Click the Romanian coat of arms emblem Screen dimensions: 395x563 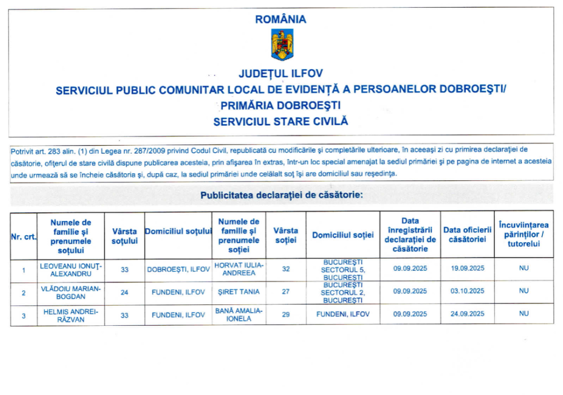[x=281, y=45]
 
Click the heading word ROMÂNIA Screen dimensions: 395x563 [x=281, y=19]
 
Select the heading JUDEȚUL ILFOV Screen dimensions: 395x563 [x=280, y=74]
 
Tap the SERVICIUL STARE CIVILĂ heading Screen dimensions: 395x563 [x=281, y=121]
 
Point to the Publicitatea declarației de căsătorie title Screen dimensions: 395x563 [x=281, y=195]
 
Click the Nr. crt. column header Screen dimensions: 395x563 [x=23, y=236]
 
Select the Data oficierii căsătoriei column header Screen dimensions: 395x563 [x=467, y=235]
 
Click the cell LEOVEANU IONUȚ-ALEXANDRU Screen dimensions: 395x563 [x=71, y=269]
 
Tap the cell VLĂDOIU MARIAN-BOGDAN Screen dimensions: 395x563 [x=71, y=292]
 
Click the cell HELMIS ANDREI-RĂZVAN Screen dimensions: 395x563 [x=71, y=314]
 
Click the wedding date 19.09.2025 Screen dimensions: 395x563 [x=467, y=269]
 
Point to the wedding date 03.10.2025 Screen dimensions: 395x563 [x=467, y=292]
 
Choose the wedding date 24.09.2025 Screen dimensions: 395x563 [x=467, y=314]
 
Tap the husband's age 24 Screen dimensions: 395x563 [x=124, y=292]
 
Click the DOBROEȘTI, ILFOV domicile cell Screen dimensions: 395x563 [x=179, y=269]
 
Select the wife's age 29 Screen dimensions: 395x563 [x=285, y=314]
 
